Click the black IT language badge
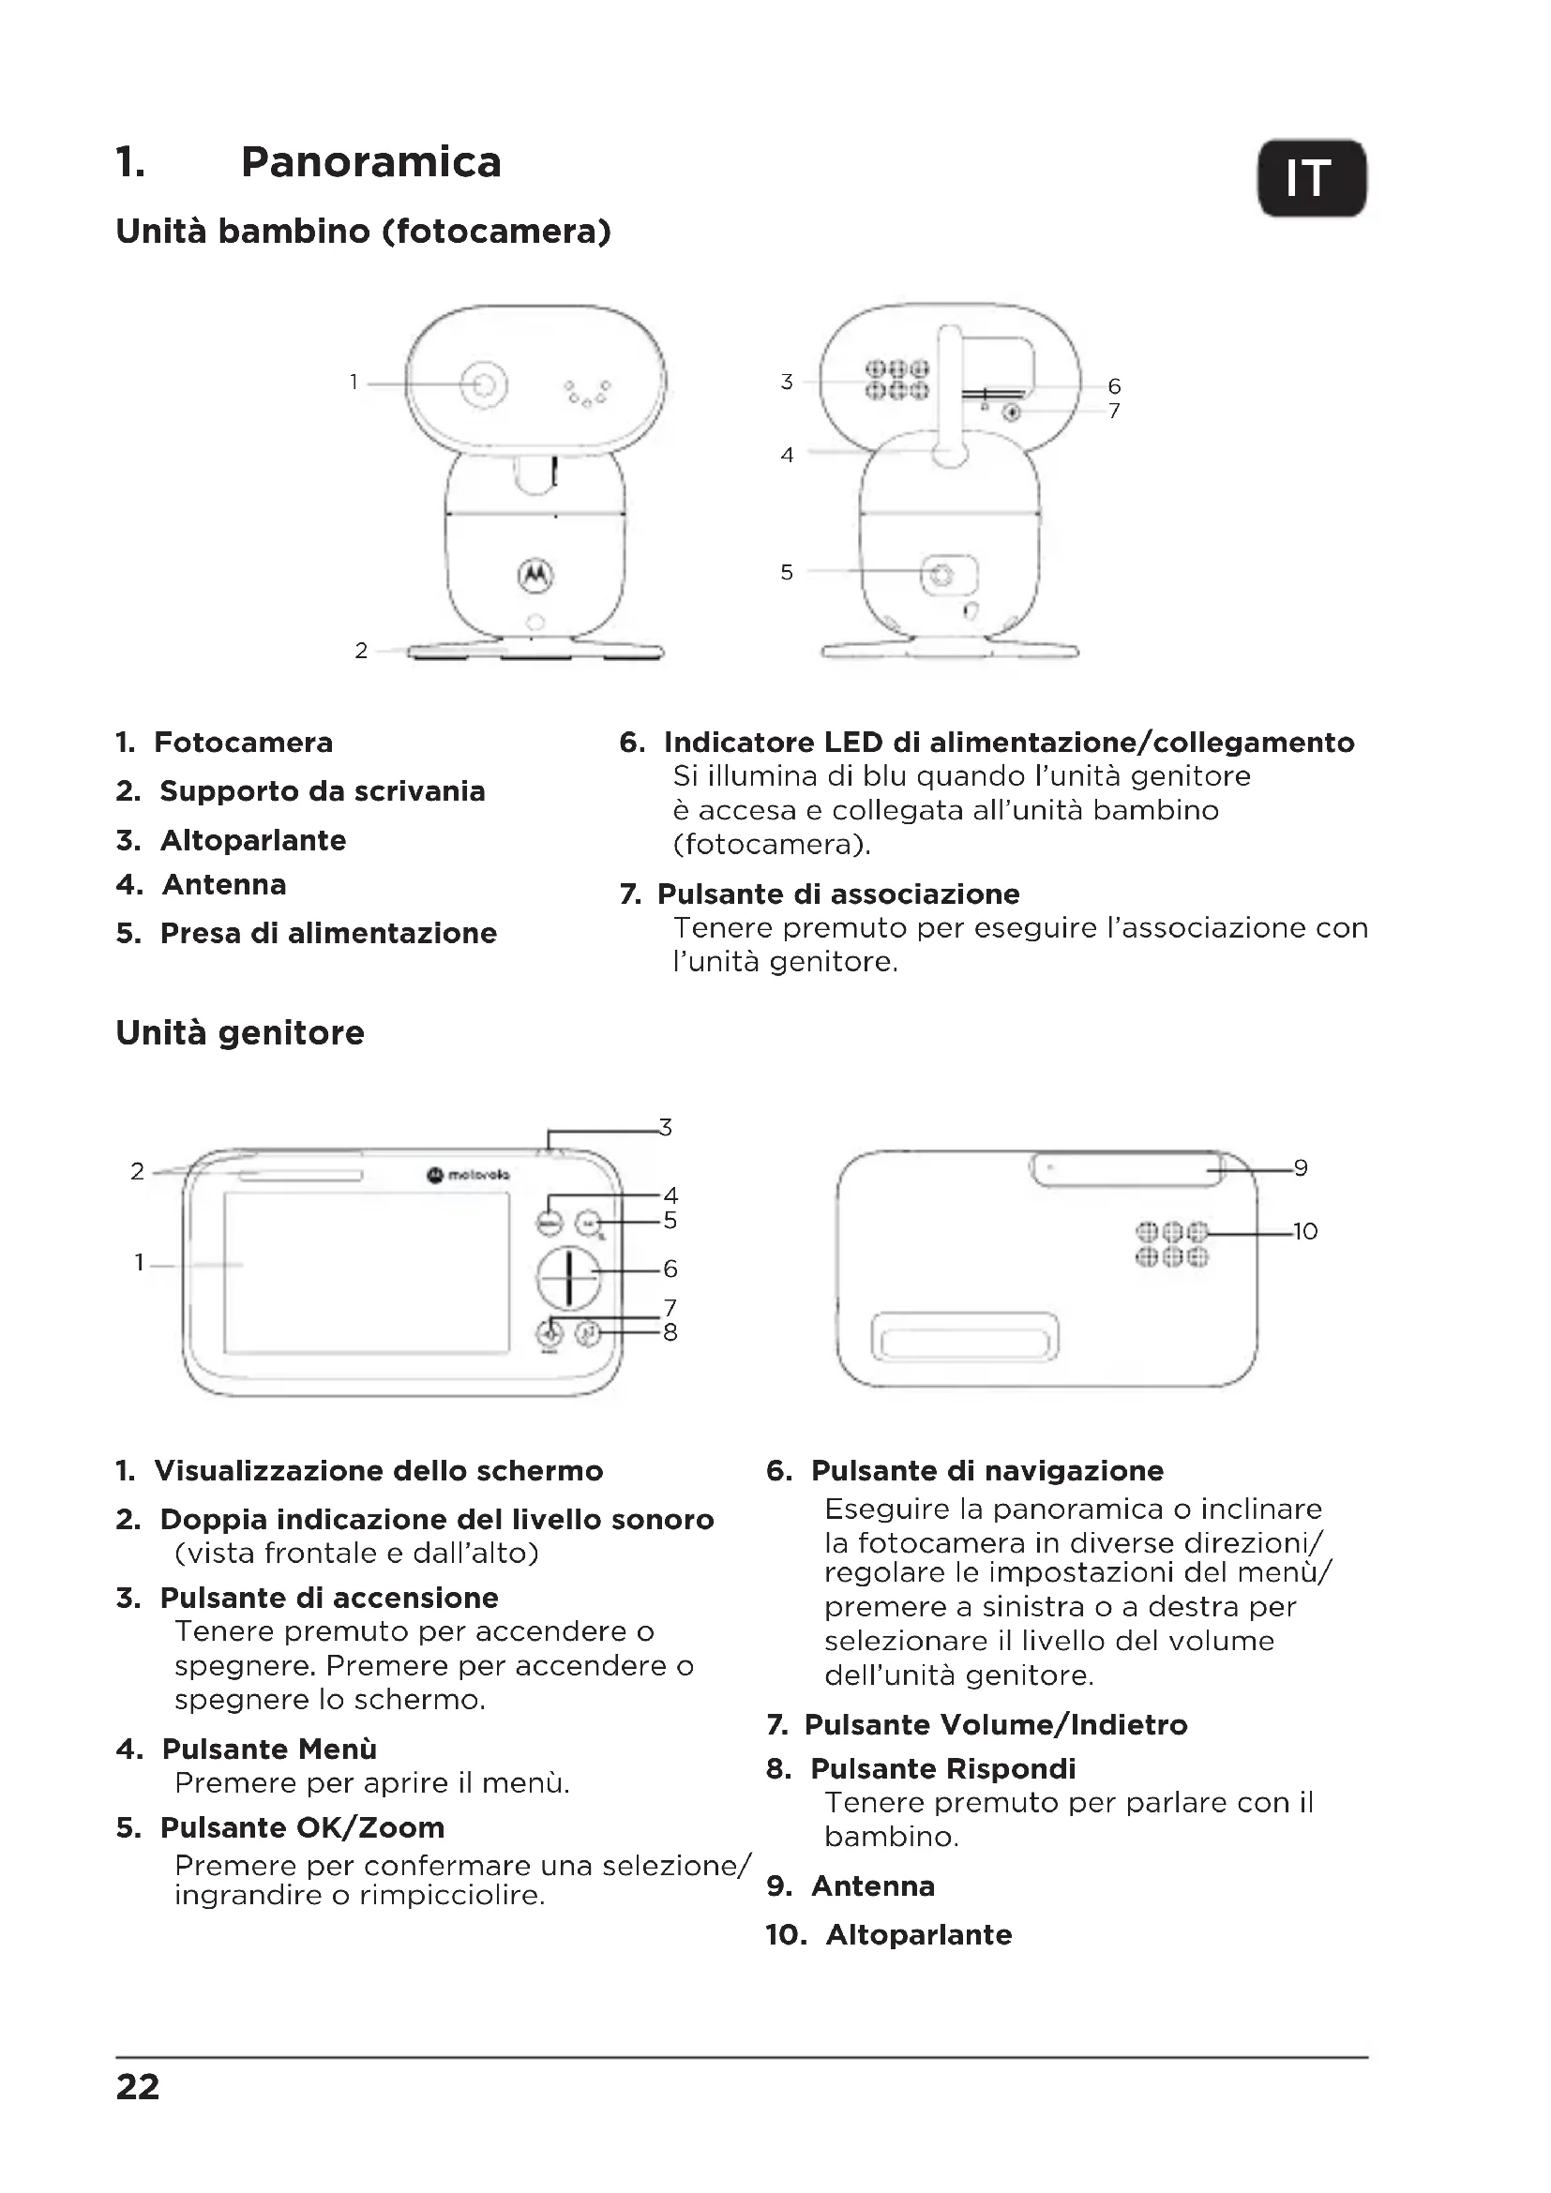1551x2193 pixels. click(x=1311, y=179)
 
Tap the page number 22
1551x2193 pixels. click(x=138, y=2087)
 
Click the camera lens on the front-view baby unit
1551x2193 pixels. click(x=485, y=384)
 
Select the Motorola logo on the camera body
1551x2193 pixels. click(x=535, y=574)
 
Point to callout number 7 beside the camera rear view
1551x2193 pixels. click(x=1114, y=412)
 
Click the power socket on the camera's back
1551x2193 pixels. click(x=942, y=574)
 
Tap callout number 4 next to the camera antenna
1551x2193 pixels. click(x=787, y=456)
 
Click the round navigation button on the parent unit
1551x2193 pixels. click(x=568, y=1277)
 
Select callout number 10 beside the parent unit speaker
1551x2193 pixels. click(x=1304, y=1232)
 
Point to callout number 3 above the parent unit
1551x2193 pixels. click(x=666, y=1128)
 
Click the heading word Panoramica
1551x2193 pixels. click(x=370, y=162)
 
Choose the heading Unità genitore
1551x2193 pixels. click(x=240, y=1032)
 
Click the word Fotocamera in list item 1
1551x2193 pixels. click(x=244, y=743)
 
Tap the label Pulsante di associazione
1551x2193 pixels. click(x=838, y=894)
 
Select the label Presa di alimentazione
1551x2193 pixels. click(x=328, y=933)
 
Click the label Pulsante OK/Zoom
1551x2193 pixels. click(x=302, y=1827)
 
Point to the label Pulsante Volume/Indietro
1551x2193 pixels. click(x=995, y=1724)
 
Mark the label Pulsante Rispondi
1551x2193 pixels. click(x=942, y=1769)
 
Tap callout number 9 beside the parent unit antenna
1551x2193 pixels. click(x=1300, y=1168)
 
